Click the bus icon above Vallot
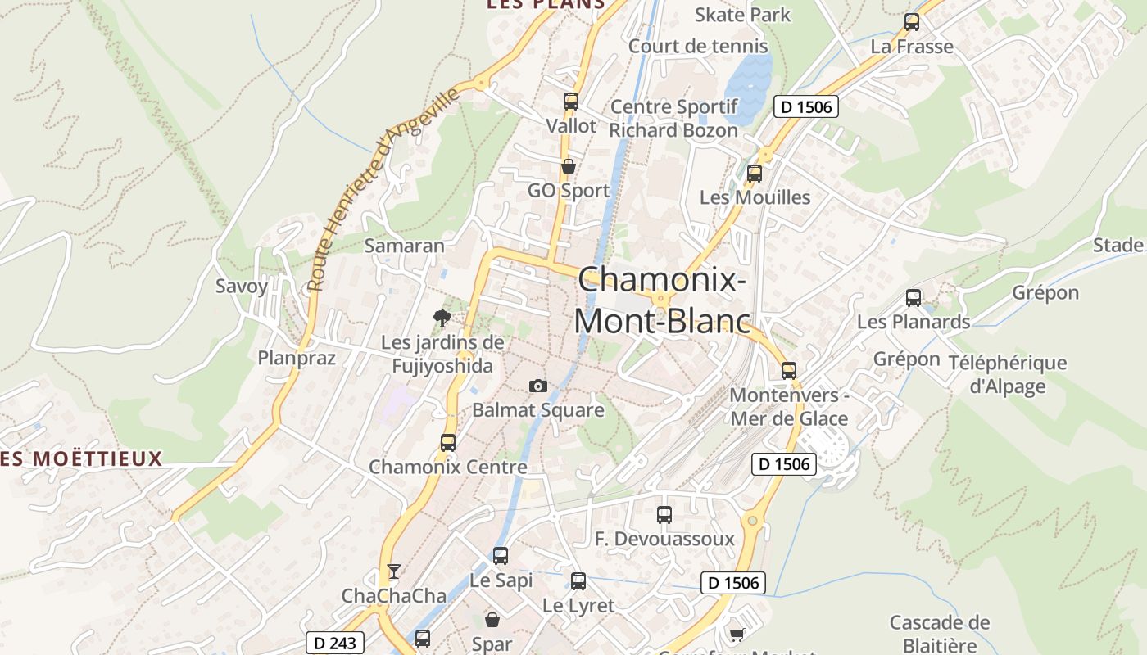[x=570, y=102]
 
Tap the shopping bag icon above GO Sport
[x=568, y=167]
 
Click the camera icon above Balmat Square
[x=537, y=386]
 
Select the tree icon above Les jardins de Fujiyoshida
[x=442, y=318]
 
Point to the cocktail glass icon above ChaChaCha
[x=394, y=571]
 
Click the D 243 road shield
[x=335, y=643]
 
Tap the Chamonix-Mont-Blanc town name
[x=662, y=300]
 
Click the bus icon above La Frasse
[x=912, y=22]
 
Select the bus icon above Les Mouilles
[x=754, y=174]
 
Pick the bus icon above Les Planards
[x=914, y=298]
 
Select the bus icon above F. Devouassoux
[x=664, y=515]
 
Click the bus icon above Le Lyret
[x=578, y=581]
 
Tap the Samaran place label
[x=404, y=246]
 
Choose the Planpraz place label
[x=297, y=358]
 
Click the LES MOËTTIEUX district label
[x=82, y=458]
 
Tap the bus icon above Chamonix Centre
[x=447, y=443]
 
